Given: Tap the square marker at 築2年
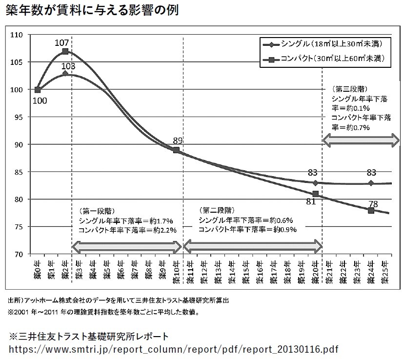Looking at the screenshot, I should pyautogui.click(x=65, y=51).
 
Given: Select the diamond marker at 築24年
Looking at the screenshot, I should pyautogui.click(x=371, y=183).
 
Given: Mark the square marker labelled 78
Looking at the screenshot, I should pyautogui.click(x=371, y=211).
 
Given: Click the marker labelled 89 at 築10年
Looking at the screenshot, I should pyautogui.click(x=176, y=150).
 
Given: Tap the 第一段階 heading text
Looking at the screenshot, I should pyautogui.click(x=96, y=211).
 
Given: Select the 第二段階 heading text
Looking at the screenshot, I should pyautogui.click(x=215, y=210).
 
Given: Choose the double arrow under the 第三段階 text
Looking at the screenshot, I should pyautogui.click(x=362, y=140).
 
